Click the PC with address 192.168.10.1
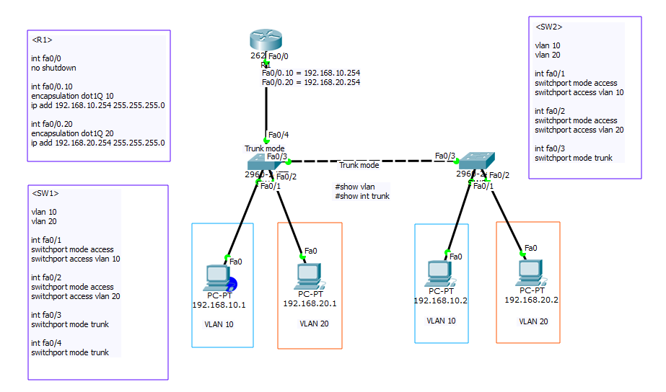[x=218, y=278]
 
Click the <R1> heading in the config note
[x=43, y=40]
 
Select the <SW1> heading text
[x=45, y=193]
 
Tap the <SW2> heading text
[x=548, y=27]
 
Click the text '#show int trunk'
[x=362, y=196]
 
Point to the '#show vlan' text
[x=354, y=187]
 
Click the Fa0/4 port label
[x=278, y=135]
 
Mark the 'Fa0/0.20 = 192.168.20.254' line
[x=310, y=82]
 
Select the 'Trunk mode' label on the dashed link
[x=359, y=166]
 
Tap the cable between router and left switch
[x=267, y=108]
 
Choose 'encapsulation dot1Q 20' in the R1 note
[x=72, y=133]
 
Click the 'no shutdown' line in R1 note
[x=53, y=68]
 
